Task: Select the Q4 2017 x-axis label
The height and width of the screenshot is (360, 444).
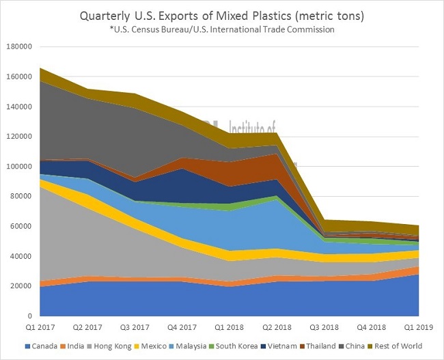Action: pos(182,329)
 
